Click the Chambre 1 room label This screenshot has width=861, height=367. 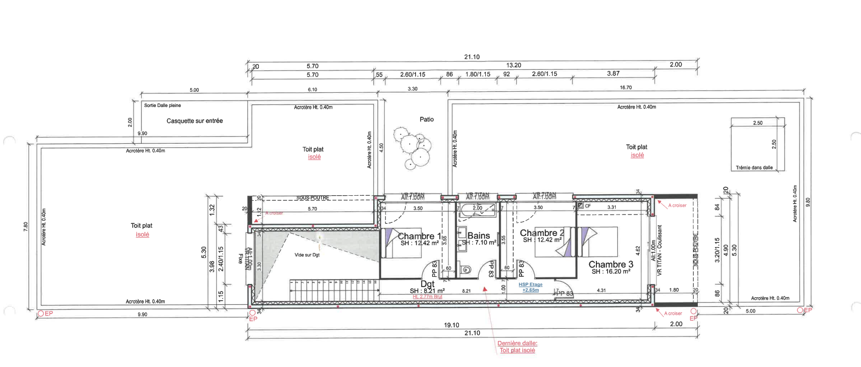[419, 236]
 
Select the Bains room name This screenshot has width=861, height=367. [479, 235]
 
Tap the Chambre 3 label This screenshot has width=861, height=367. [611, 264]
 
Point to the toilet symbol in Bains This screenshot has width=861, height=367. [464, 269]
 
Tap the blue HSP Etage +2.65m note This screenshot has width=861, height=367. [530, 287]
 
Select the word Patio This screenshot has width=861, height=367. [427, 119]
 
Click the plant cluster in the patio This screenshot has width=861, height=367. [413, 147]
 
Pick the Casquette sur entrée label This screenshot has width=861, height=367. [195, 121]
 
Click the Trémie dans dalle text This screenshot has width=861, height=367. [754, 167]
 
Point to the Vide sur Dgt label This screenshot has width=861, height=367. [307, 255]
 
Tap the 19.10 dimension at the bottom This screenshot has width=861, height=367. [451, 325]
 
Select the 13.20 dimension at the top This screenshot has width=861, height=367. [513, 65]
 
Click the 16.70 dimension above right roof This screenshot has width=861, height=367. [625, 88]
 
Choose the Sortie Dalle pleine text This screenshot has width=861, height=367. [162, 106]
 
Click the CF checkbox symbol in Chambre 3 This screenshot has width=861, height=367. [581, 205]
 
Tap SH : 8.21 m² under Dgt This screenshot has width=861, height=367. [427, 291]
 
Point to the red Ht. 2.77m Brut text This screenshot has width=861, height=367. [427, 297]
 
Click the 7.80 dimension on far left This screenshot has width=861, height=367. [26, 227]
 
